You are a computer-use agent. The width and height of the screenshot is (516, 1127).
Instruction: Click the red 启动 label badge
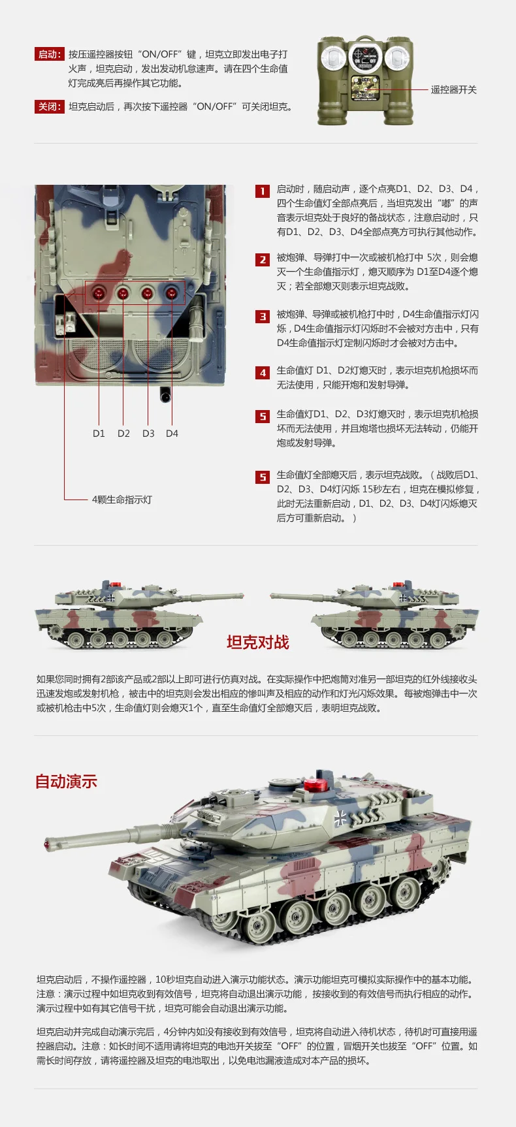pyautogui.click(x=49, y=54)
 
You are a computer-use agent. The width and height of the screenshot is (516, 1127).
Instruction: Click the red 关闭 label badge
pyautogui.click(x=49, y=106)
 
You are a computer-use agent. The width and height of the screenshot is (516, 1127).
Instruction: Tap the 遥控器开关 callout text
pyautogui.click(x=453, y=89)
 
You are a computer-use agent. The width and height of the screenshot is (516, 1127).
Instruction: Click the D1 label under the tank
pyautogui.click(x=99, y=433)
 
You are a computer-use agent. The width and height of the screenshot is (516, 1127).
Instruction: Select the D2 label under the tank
pyautogui.click(x=123, y=433)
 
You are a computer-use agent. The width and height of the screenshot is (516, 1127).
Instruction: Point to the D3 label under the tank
pyautogui.click(x=148, y=433)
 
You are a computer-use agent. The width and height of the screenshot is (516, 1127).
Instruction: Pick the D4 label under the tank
pyautogui.click(x=172, y=433)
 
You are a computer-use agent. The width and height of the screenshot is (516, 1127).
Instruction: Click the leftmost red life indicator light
pyautogui.click(x=99, y=293)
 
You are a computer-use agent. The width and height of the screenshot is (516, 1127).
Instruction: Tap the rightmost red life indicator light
pyautogui.click(x=171, y=293)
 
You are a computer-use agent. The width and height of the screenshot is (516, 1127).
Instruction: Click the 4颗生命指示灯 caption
pyautogui.click(x=122, y=500)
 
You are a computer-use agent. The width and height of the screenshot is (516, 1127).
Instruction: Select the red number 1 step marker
pyautogui.click(x=262, y=191)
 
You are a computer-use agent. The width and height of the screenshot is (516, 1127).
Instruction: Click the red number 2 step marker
pyautogui.click(x=262, y=259)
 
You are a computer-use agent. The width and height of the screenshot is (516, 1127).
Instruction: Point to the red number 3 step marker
pyautogui.click(x=262, y=316)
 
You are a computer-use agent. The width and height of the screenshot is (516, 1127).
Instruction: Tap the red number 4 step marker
pyautogui.click(x=262, y=372)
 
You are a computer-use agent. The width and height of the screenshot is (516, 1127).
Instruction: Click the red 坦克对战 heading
pyautogui.click(x=257, y=643)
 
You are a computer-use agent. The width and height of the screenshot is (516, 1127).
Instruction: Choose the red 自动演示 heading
pyautogui.click(x=66, y=782)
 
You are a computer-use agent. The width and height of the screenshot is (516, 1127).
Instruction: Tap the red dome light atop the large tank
pyautogui.click(x=320, y=786)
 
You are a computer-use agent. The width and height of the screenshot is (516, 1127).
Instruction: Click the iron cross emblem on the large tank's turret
pyautogui.click(x=340, y=819)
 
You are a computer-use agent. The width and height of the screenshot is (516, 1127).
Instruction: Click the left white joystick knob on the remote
pyautogui.click(x=335, y=58)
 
